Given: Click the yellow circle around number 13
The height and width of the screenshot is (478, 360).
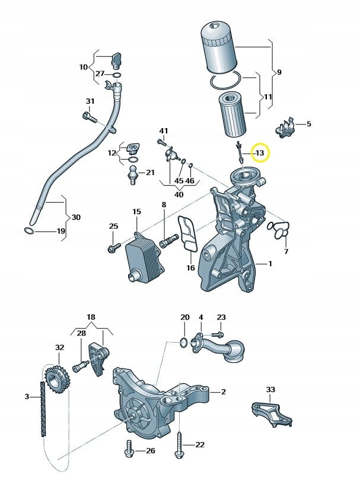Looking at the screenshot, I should click(259, 153).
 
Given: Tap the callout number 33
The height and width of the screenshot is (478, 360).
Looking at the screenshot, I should click(270, 390).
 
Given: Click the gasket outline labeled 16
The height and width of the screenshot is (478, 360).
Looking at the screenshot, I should click(187, 235).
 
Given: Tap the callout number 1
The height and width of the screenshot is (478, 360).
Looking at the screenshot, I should click(270, 263).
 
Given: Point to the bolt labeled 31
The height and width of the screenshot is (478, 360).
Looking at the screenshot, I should click(90, 117).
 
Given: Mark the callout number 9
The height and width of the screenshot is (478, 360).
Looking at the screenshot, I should click(278, 72).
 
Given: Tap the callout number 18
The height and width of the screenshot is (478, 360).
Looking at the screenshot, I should click(91, 317).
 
